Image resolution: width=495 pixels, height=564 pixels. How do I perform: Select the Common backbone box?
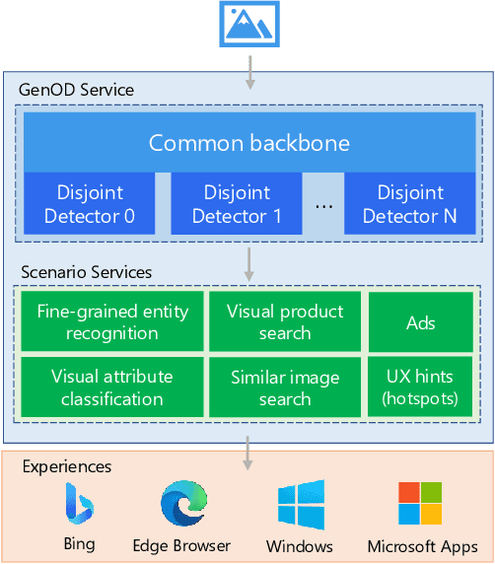[x=248, y=143]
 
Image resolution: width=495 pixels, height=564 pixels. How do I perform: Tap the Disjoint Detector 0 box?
[x=89, y=204]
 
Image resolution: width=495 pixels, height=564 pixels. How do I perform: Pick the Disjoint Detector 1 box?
[x=237, y=204]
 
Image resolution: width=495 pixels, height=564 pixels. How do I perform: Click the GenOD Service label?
[x=76, y=90]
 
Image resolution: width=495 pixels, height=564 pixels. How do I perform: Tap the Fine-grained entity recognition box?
[x=111, y=322]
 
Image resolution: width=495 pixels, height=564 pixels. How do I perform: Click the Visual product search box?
[x=285, y=322]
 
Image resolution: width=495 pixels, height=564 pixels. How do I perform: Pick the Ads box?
[x=422, y=322]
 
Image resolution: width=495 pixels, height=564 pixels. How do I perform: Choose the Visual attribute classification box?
[x=111, y=388]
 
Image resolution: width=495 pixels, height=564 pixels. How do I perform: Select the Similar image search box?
[x=285, y=388]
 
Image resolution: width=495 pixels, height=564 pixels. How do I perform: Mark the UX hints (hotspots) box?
[x=422, y=388]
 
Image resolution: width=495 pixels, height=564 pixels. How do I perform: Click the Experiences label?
[x=67, y=466]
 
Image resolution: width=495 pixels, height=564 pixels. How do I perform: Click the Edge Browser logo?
[x=182, y=505]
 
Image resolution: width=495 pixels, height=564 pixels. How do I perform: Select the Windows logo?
[x=300, y=505]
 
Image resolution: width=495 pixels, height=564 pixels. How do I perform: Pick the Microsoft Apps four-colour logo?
[x=421, y=504]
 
